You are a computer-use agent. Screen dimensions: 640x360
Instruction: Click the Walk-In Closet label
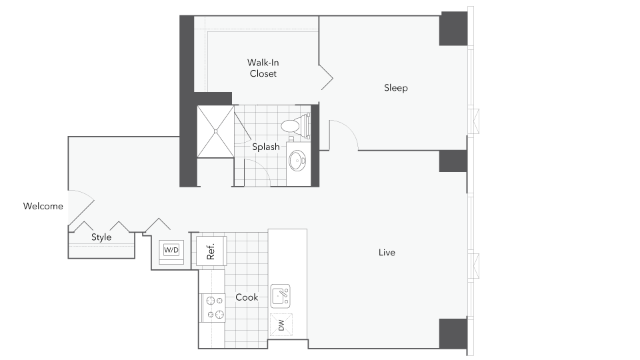263,68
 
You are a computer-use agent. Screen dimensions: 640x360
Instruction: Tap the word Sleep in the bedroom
395,88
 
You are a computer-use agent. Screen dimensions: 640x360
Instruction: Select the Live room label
387,253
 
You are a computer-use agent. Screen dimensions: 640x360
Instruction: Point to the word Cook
247,297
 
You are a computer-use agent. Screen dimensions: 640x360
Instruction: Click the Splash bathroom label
266,147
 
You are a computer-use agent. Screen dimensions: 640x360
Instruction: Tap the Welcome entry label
43,206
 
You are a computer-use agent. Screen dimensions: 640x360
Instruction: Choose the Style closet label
101,237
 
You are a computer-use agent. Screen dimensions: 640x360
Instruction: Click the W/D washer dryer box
171,250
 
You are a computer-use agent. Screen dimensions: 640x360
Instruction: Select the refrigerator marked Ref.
211,251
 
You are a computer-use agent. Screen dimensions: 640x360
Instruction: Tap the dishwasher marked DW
281,325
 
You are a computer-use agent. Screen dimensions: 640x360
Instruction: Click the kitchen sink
281,296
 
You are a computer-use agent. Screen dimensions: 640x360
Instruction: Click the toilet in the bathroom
295,125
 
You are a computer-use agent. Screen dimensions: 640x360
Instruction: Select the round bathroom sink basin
297,161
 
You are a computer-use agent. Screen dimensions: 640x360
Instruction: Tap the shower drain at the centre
215,131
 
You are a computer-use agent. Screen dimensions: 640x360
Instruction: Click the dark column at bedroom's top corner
453,29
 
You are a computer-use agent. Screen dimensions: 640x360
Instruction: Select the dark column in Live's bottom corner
453,334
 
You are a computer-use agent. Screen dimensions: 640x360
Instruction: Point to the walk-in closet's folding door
326,77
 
